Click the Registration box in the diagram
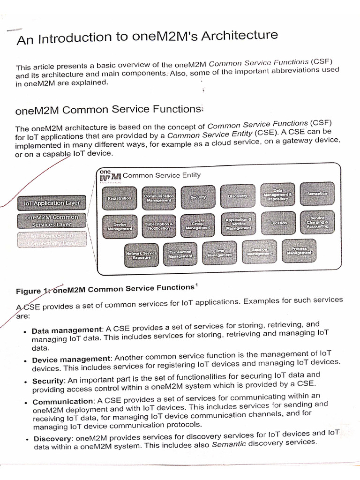click(119, 198)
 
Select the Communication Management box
click(158, 197)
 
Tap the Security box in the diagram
click(198, 197)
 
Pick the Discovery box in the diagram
click(238, 195)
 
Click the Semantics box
click(317, 194)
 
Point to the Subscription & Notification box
click(159, 225)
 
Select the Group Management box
click(198, 225)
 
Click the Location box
click(278, 223)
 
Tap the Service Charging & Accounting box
click(317, 223)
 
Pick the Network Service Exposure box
click(142, 255)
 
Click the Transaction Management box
click(180, 255)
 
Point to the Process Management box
click(299, 251)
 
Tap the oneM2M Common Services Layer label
click(52, 221)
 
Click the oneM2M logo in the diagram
click(109, 174)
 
